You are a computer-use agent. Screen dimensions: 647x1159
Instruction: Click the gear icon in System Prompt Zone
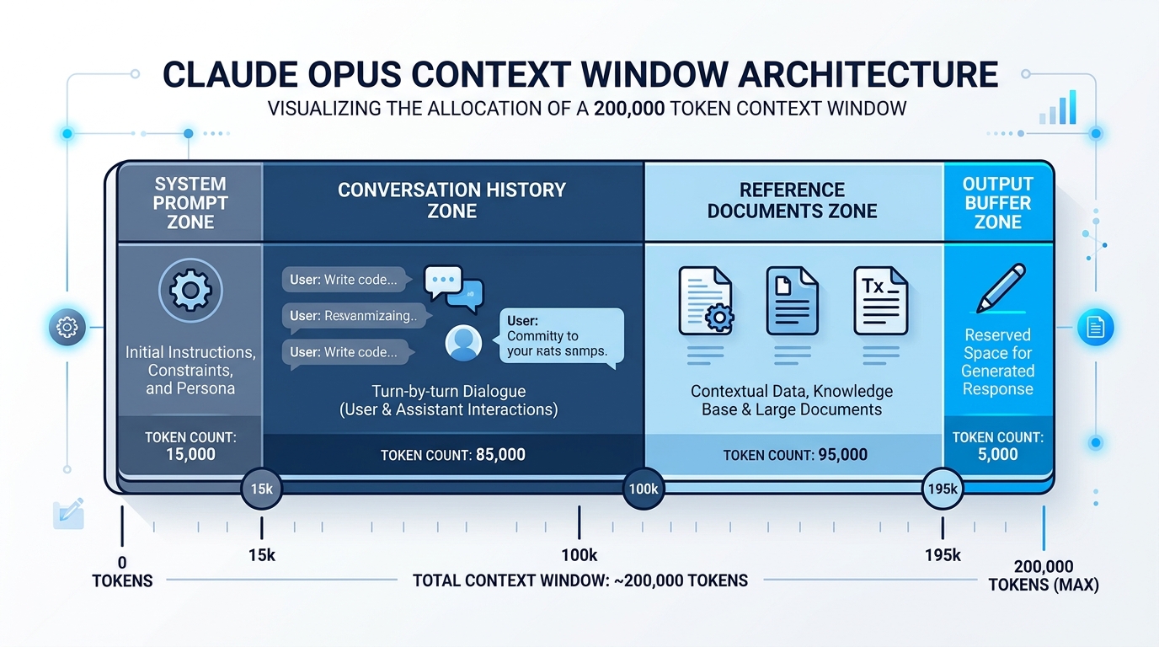pos(190,291)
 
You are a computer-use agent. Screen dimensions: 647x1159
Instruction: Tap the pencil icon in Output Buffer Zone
pos(1000,289)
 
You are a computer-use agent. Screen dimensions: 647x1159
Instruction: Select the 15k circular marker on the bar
pos(261,489)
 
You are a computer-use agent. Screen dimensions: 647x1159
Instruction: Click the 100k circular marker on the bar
pos(643,489)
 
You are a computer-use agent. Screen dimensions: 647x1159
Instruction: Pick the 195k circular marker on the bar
pos(942,489)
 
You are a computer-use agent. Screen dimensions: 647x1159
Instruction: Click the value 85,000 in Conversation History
pos(500,455)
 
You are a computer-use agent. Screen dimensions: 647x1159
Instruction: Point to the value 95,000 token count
pos(842,455)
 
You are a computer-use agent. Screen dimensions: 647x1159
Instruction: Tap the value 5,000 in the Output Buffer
pos(997,455)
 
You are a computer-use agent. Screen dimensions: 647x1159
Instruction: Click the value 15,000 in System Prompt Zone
pos(190,455)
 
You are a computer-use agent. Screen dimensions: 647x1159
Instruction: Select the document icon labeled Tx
pos(880,301)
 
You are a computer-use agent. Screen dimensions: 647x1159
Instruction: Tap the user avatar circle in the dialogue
pos(463,343)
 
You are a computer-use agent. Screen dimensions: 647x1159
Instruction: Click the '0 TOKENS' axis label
pos(122,572)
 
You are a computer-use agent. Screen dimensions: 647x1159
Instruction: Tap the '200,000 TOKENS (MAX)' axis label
pos(1044,575)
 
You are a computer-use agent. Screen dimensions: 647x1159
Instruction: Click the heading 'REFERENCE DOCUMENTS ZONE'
pos(792,201)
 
